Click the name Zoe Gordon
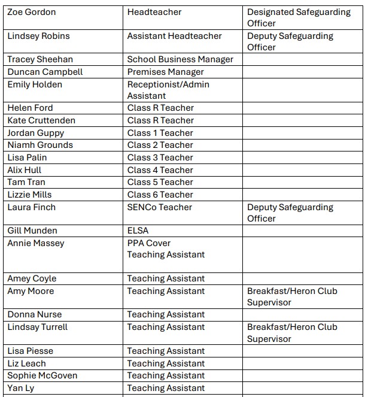click(32, 12)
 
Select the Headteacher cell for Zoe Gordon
click(154, 12)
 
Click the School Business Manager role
click(180, 59)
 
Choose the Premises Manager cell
click(166, 72)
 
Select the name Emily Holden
click(35, 84)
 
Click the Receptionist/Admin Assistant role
click(168, 90)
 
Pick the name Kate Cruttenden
click(41, 120)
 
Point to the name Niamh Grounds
click(40, 145)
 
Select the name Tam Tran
click(26, 182)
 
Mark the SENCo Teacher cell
click(160, 207)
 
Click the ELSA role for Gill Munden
click(138, 231)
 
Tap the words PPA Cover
click(149, 243)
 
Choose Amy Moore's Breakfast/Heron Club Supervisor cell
click(292, 296)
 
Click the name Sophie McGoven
click(42, 375)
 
